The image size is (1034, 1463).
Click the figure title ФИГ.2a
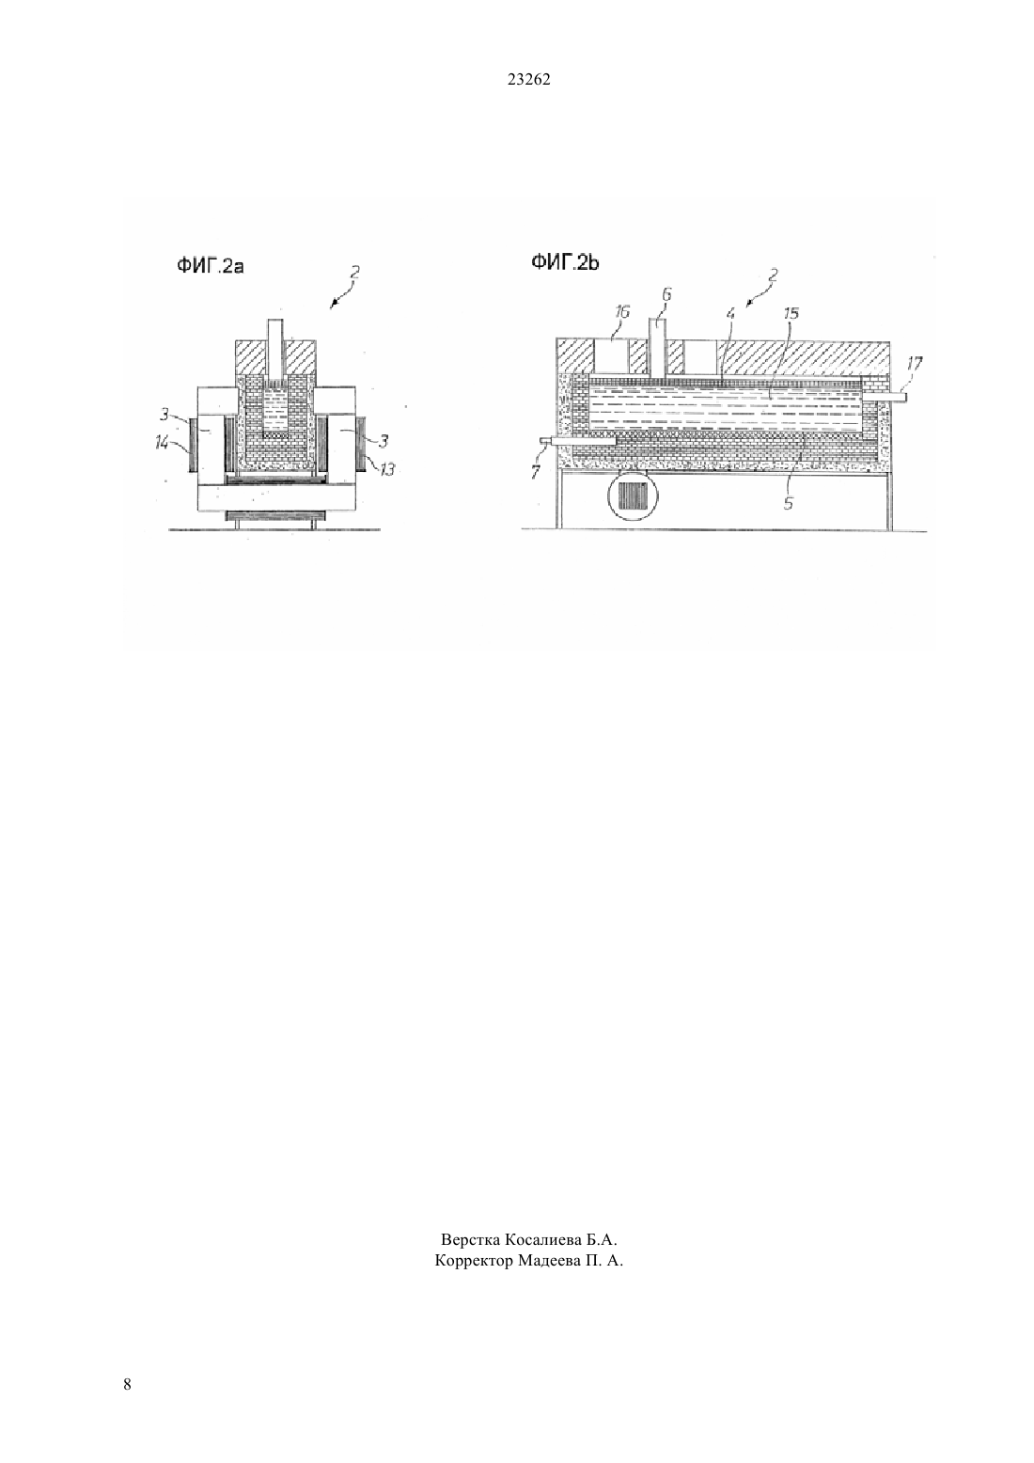click(211, 266)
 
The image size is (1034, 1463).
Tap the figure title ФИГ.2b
click(565, 262)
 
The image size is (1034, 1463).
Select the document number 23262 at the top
click(528, 80)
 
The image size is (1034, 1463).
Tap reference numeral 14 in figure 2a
click(162, 444)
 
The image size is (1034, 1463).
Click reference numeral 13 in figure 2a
click(387, 468)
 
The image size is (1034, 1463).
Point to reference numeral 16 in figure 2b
click(621, 312)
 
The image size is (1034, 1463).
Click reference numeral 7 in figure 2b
click(535, 471)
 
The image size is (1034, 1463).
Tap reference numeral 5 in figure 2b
click(788, 503)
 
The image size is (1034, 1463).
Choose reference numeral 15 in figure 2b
click(791, 313)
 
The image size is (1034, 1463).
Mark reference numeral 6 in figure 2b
click(666, 294)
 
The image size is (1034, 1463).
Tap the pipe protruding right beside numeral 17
click(885, 396)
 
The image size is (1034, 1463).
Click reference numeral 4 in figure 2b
click(730, 313)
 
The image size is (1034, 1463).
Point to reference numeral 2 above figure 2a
click(354, 272)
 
